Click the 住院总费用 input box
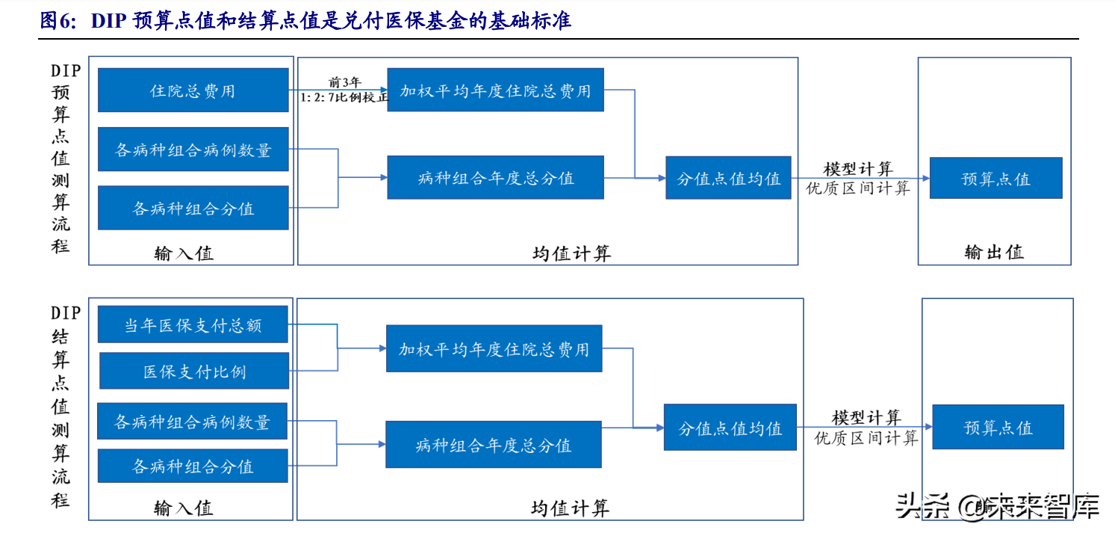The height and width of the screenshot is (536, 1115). coord(193,90)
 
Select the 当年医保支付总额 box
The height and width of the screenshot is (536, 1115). coord(193,325)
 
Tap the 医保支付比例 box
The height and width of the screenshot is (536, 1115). coord(194,372)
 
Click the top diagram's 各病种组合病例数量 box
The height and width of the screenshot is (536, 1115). coord(193,150)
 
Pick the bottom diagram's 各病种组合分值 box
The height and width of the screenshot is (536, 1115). coord(193,466)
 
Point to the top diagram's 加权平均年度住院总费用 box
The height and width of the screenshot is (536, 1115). coord(495,90)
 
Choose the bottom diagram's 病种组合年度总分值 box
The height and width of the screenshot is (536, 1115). coord(493,446)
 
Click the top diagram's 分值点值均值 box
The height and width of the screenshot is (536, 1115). coord(728,178)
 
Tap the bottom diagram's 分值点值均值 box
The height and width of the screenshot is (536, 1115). coord(730,428)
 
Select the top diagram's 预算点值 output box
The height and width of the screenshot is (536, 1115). coord(996,178)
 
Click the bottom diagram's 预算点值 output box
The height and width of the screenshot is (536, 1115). coord(998,427)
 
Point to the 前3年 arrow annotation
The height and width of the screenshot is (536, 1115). coord(344,82)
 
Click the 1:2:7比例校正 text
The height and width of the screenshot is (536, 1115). coord(344,97)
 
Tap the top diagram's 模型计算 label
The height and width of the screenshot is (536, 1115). coord(858,169)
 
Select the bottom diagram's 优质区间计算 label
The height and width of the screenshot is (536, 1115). coord(866,438)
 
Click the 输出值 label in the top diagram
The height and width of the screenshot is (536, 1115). coord(994,252)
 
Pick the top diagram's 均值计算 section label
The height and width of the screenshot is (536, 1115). coord(571,253)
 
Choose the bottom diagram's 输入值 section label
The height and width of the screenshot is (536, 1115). coord(183,508)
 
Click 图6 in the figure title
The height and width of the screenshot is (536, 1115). coord(58,21)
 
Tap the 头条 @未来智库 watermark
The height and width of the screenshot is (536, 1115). coord(997,506)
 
